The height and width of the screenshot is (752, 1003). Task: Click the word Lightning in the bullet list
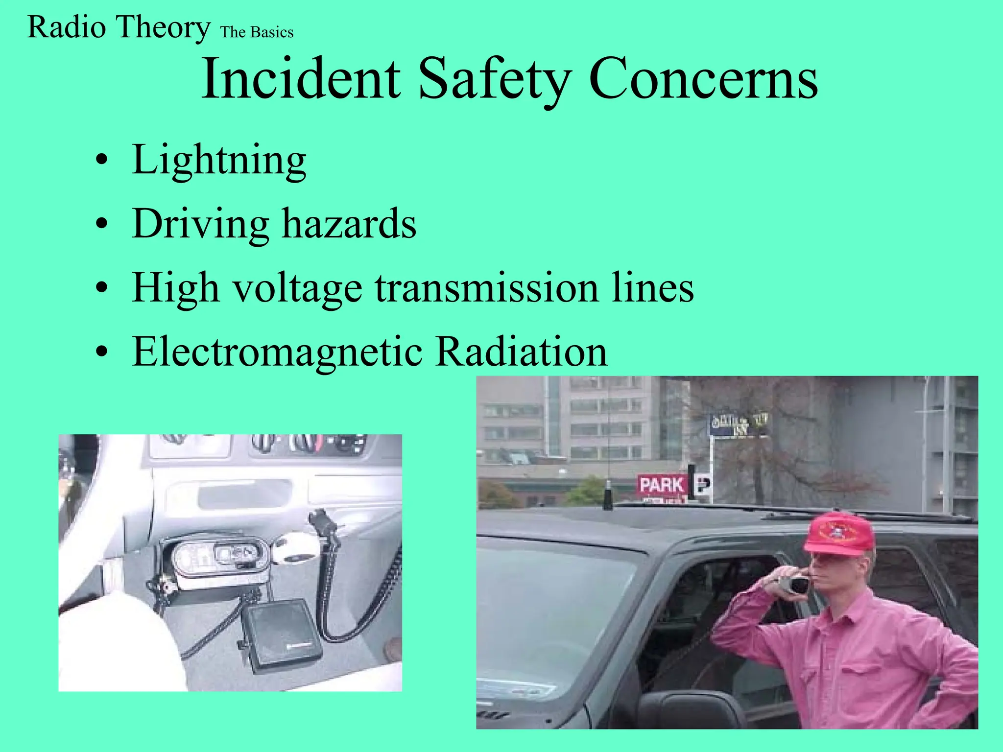219,160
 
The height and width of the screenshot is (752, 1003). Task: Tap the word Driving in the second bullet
200,224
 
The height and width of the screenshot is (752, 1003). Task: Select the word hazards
349,224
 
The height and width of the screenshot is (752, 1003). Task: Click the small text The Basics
257,32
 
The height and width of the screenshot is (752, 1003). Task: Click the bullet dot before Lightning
101,161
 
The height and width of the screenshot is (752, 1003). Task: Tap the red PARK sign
662,485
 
